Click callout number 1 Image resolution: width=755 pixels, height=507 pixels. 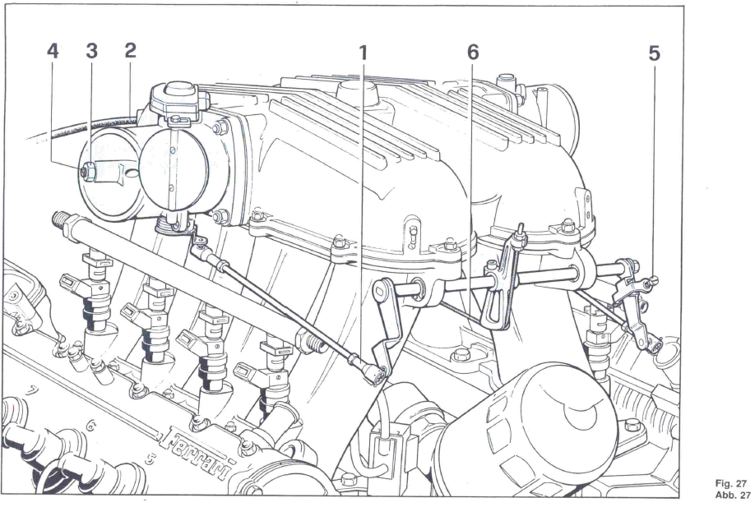pyautogui.click(x=363, y=52)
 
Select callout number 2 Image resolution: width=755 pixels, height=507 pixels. pyautogui.click(x=130, y=51)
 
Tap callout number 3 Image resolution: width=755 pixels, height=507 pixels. pyautogui.click(x=92, y=51)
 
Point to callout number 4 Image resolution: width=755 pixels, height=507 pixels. pyautogui.click(x=53, y=51)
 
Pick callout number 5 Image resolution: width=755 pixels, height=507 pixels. pyautogui.click(x=654, y=53)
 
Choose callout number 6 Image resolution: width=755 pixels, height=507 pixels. pyautogui.click(x=472, y=52)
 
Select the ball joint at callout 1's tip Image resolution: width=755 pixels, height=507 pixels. pyautogui.click(x=377, y=374)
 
